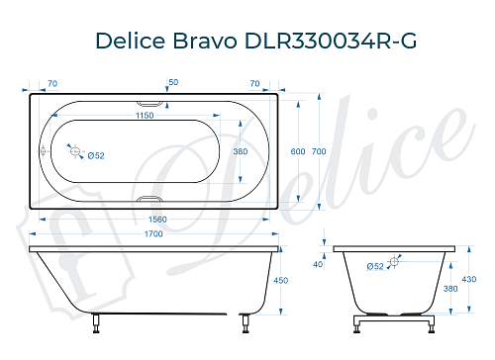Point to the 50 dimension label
pos(173,82)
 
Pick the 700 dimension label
pos(318,150)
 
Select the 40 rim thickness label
pos(318,264)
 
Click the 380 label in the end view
pos(451,288)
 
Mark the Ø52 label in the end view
pos(375,266)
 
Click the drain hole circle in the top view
pos(74,150)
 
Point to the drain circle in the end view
pos(395,261)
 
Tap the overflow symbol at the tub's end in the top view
pos(43,151)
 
